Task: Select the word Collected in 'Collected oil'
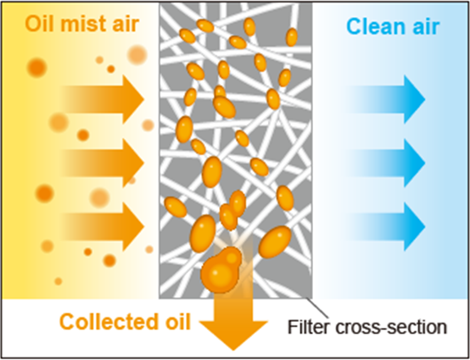point(106,322)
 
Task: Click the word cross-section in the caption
point(391,327)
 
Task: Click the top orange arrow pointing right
point(103,99)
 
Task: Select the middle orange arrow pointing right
point(103,163)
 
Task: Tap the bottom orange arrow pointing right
point(103,227)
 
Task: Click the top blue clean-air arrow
point(387,99)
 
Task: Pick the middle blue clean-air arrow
point(387,163)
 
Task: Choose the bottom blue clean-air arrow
point(387,227)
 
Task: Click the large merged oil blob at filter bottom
point(221,270)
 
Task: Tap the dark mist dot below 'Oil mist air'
point(37,67)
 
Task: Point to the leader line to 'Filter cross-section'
point(317,308)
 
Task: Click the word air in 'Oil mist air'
point(126,25)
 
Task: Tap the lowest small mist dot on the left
point(59,281)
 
